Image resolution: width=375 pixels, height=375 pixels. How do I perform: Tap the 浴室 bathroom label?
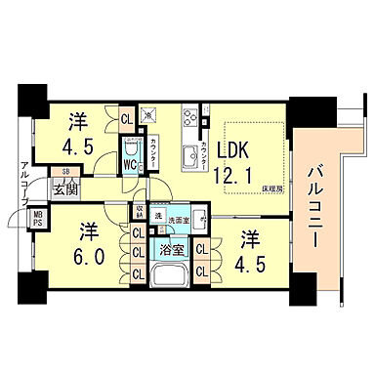pos(171,249)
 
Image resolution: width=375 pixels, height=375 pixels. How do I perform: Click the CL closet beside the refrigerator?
pos(127,121)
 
